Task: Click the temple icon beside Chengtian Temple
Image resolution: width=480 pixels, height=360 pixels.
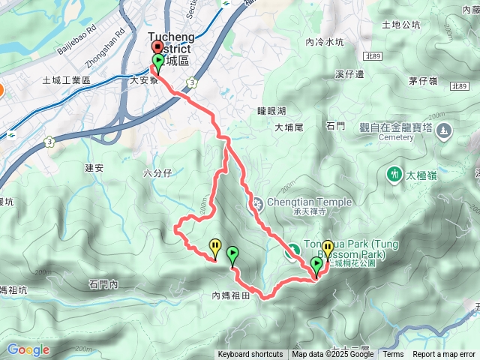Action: (256, 202)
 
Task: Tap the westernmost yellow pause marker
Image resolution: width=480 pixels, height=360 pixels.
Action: (216, 247)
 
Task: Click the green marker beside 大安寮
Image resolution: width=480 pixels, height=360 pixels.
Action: (158, 61)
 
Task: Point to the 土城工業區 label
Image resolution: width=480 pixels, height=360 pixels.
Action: (66, 80)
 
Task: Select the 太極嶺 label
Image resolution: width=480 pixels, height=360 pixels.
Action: (421, 175)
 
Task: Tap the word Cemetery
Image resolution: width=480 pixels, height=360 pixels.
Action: (397, 138)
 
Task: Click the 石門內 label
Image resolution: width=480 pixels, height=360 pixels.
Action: (103, 283)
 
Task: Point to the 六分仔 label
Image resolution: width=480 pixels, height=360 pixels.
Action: (157, 173)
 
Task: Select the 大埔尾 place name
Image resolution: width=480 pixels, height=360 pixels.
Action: (288, 127)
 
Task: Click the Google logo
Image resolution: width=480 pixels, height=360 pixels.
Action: (28, 349)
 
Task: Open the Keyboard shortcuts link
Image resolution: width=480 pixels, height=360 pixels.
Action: (250, 355)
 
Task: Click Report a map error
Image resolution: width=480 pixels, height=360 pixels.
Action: (443, 355)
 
